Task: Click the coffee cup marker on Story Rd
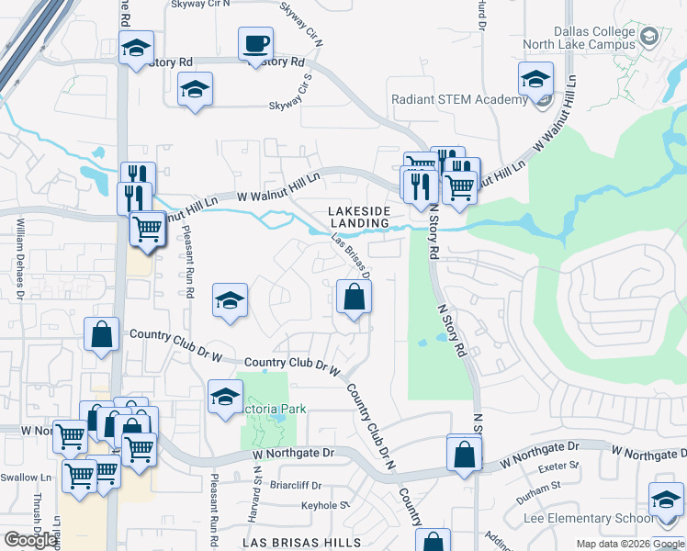click(x=255, y=43)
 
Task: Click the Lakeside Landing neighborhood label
click(x=360, y=217)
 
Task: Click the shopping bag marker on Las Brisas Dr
click(x=354, y=298)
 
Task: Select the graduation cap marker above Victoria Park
click(x=224, y=396)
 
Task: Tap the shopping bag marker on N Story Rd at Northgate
click(x=465, y=454)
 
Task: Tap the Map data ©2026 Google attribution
click(x=630, y=544)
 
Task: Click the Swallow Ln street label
click(x=26, y=478)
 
